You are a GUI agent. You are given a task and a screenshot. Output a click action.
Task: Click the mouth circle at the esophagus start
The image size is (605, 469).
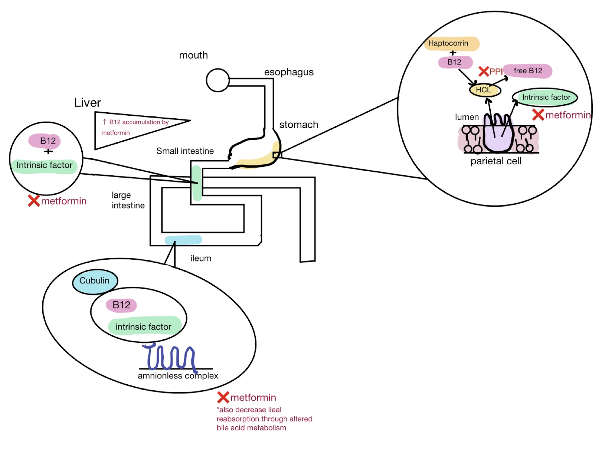pos(218,80)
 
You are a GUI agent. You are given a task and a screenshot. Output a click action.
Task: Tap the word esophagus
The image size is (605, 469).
pos(289,72)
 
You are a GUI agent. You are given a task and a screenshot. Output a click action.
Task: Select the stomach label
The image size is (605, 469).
pos(298,125)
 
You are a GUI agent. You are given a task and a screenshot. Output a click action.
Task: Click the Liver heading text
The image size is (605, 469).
pos(87,103)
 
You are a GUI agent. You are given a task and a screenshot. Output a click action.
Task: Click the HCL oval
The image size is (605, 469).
pos(484,90)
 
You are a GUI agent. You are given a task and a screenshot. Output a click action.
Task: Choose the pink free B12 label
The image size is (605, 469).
pos(527,71)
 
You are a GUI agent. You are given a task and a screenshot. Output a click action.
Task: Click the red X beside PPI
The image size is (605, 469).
pos(484,71)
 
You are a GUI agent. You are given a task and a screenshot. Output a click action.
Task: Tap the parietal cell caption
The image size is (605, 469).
pos(496,161)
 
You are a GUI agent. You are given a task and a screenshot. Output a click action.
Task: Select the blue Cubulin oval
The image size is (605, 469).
pos(95,281)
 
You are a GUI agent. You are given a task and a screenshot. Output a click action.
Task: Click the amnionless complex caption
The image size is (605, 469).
pos(178,376)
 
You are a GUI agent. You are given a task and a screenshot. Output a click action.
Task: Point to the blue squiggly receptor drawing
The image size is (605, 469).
pos(170,357)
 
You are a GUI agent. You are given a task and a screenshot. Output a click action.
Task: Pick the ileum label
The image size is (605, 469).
pos(201,258)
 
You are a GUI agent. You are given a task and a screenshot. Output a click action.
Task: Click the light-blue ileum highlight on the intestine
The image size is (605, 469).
pos(183,240)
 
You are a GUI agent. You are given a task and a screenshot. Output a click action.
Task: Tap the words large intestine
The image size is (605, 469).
pos(128,200)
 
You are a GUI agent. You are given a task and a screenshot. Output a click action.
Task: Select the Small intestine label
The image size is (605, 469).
pos(185,151)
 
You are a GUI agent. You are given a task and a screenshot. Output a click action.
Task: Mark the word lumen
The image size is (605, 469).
pos(467,117)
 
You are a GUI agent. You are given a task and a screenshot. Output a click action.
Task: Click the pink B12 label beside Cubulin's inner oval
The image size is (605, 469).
pos(121,305)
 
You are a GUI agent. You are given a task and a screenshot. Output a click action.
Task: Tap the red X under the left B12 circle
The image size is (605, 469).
pos(34,201)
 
